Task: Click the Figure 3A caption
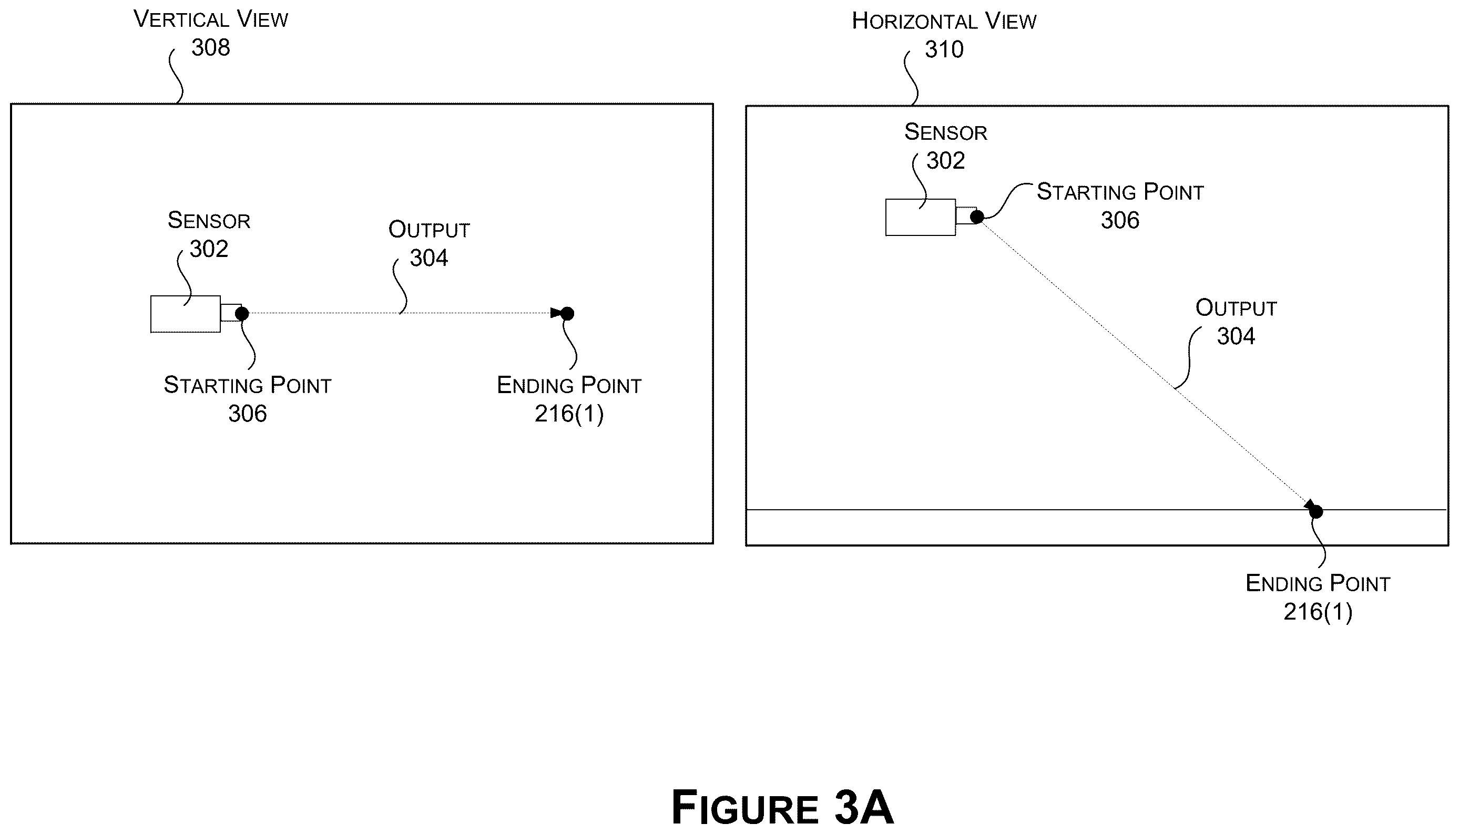(782, 808)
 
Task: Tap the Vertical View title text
(211, 19)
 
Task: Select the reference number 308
(211, 47)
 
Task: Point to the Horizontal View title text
(944, 21)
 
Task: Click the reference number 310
(944, 50)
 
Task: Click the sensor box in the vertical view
(185, 314)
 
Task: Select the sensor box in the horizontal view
(920, 217)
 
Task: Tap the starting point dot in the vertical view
(242, 314)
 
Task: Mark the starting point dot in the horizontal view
(977, 217)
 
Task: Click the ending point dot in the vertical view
(567, 314)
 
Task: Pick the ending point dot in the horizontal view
(1317, 511)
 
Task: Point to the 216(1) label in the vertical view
(569, 414)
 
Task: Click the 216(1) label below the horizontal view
(1318, 612)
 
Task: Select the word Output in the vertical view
(429, 230)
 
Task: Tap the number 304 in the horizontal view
(1236, 336)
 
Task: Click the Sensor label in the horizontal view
(945, 132)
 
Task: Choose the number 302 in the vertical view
(209, 249)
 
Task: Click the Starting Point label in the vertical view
(248, 385)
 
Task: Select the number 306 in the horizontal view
(1120, 221)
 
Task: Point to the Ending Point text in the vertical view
(569, 385)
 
